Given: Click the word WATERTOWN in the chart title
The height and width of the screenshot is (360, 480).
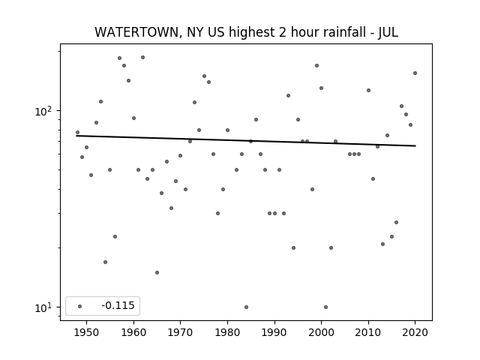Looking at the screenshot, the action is coord(136,32).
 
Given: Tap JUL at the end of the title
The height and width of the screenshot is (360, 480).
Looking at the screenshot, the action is coord(388,32).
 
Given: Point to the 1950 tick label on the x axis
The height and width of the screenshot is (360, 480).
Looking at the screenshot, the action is coord(86,332).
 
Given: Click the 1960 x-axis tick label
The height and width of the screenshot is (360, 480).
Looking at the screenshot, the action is coord(133,332).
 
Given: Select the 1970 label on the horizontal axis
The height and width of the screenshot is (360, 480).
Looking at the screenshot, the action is coord(180,332).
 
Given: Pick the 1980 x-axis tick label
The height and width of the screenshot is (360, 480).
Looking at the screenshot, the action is coord(227,332).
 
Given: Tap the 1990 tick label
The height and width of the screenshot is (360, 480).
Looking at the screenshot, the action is coord(274,332).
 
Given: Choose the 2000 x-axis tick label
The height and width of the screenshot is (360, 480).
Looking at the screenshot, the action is coord(321,332).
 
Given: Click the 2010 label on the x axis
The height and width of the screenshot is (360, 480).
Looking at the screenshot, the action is coord(368,332).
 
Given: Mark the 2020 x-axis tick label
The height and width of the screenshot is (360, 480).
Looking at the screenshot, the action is coord(415,332).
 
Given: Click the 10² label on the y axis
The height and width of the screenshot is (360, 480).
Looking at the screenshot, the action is coord(43,111).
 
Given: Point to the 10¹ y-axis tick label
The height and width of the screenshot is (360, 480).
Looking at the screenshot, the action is coord(43,307).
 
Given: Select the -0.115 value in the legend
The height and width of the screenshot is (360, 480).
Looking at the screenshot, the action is coord(118,305).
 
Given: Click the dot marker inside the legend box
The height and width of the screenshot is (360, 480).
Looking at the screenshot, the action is coord(80,306).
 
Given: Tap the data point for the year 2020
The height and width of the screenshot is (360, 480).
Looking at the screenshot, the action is coord(415,73).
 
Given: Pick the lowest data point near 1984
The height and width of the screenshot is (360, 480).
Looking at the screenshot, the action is coord(246,307).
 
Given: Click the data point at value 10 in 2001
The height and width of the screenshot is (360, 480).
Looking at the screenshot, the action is coord(325,307).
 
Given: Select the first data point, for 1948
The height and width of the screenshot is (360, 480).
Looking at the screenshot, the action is coord(77,133).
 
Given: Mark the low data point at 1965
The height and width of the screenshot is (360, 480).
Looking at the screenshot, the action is coord(157,272).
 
